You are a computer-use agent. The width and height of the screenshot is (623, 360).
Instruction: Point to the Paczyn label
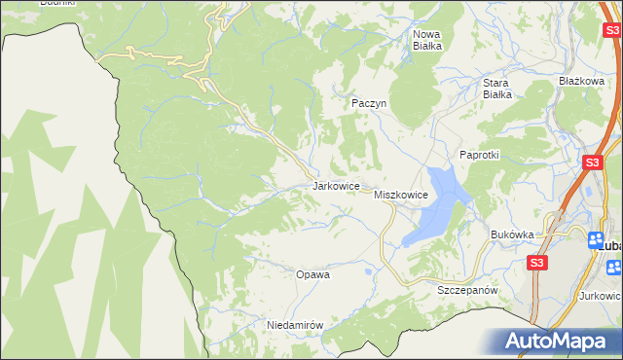click(x=370, y=102)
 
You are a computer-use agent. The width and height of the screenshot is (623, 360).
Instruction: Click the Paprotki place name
click(x=479, y=155)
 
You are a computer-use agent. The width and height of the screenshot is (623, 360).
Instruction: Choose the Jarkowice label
click(x=337, y=185)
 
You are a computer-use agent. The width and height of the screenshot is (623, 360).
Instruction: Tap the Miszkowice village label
click(x=401, y=195)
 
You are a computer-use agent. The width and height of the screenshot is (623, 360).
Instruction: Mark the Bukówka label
click(x=513, y=234)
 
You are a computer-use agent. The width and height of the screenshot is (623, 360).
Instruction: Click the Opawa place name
click(x=312, y=274)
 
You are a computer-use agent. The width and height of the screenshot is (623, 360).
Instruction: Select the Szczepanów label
click(x=467, y=290)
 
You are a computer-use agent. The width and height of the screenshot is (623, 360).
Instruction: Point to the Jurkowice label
click(x=600, y=295)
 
